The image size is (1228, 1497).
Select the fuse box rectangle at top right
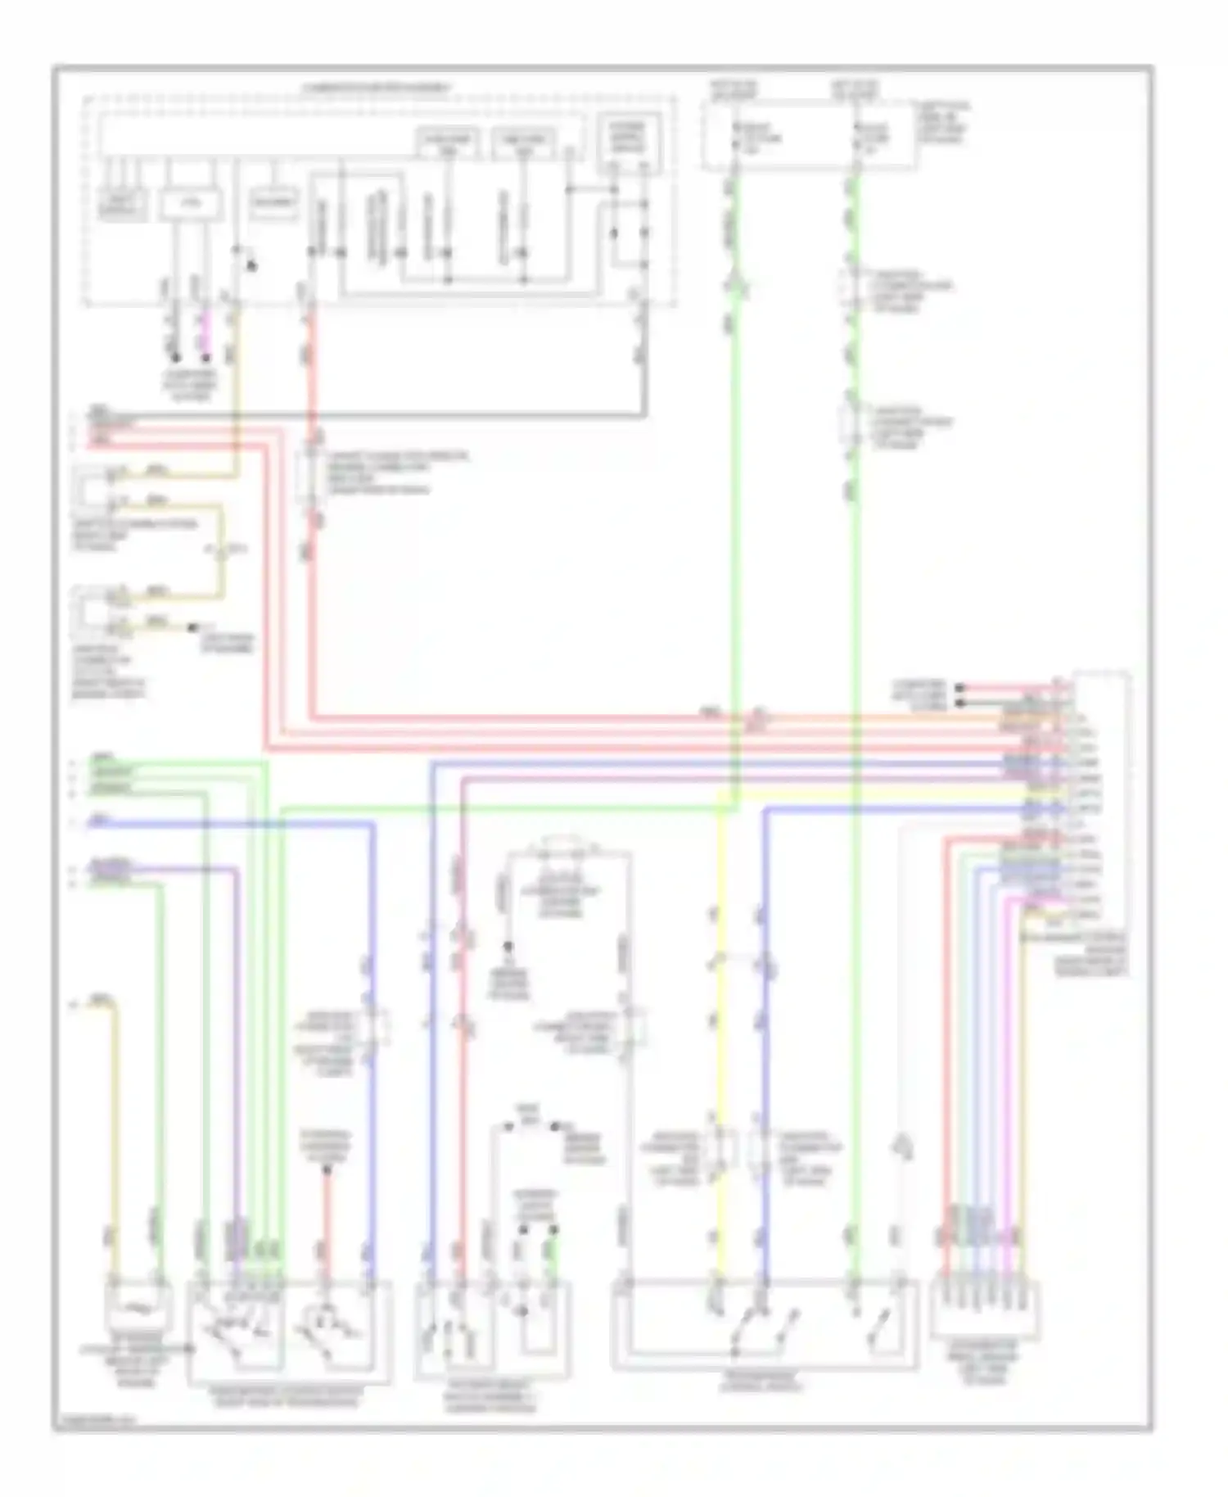point(806,136)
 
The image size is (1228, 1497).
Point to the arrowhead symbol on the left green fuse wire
point(734,285)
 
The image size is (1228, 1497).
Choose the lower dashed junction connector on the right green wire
point(851,423)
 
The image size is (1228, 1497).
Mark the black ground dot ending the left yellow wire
point(192,627)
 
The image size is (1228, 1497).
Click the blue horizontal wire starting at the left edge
point(229,822)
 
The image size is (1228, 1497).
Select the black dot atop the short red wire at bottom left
point(326,1170)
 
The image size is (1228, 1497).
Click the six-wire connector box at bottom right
point(985,1311)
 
